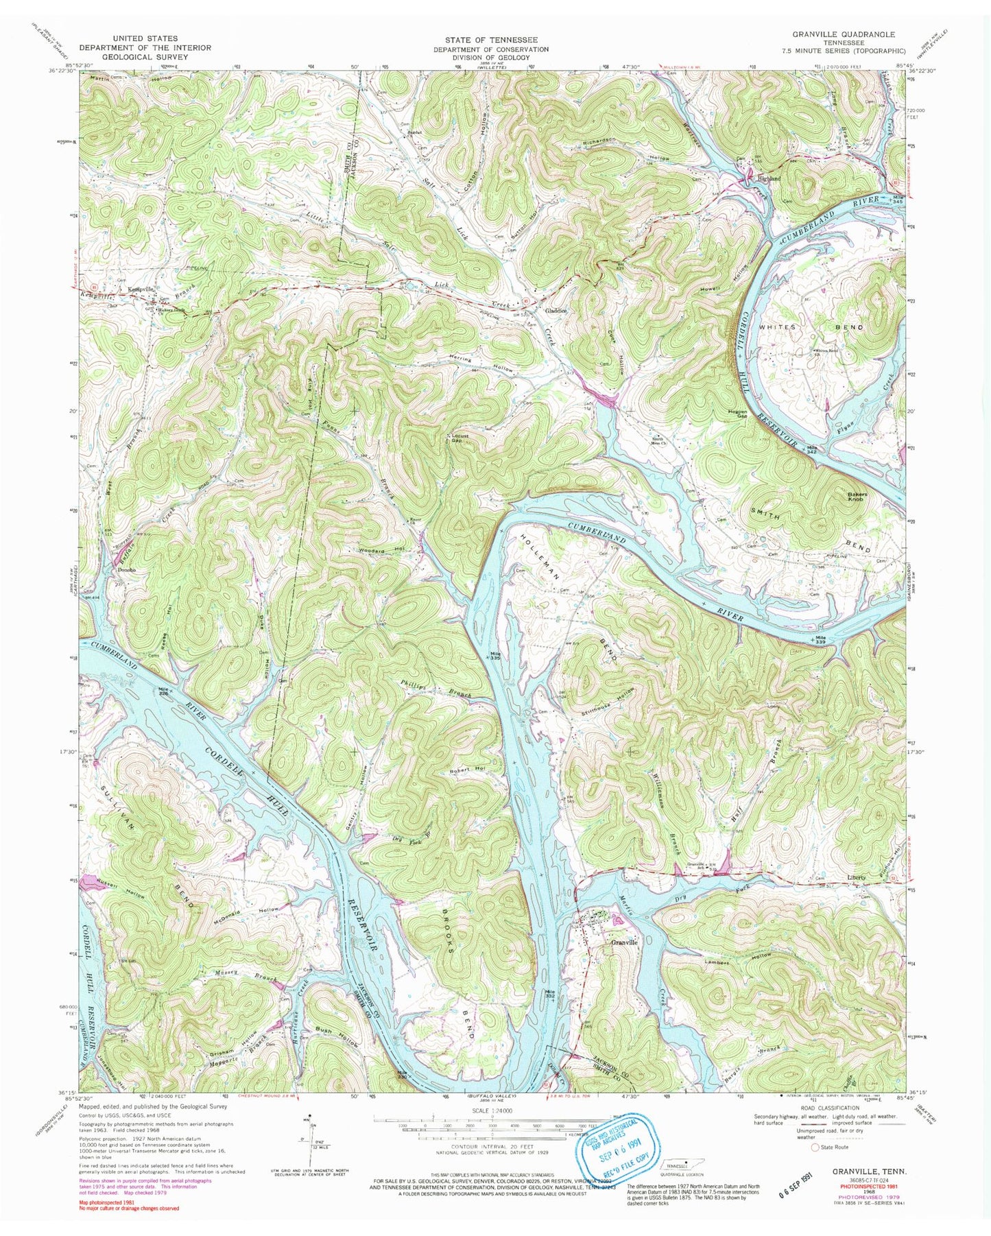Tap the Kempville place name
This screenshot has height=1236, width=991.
click(x=141, y=289)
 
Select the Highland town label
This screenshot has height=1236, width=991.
click(x=766, y=178)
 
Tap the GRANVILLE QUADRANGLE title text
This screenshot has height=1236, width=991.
click(x=849, y=33)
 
